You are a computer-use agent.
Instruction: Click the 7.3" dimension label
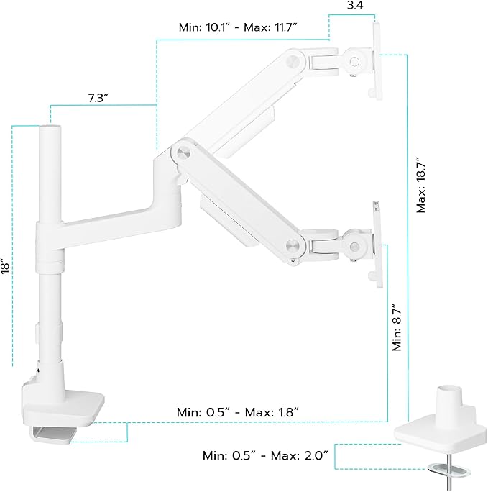(x=93, y=98)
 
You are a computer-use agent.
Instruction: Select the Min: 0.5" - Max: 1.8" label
(x=237, y=412)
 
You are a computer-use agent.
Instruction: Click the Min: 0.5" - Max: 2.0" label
(x=265, y=455)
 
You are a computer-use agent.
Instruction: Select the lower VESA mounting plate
(x=375, y=245)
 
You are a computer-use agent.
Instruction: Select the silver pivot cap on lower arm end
(x=292, y=243)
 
